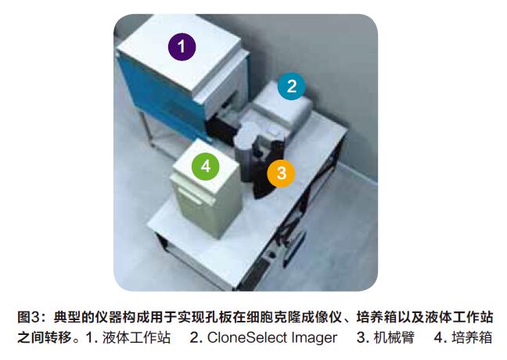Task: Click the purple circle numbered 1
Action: click(x=182, y=47)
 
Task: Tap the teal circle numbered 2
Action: click(x=291, y=86)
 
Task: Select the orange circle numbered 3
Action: click(x=281, y=173)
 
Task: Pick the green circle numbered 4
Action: click(x=206, y=166)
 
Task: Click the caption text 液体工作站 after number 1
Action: click(x=136, y=337)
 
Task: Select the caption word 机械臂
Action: click(x=394, y=337)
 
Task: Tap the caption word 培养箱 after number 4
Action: click(x=472, y=337)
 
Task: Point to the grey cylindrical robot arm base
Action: click(x=245, y=155)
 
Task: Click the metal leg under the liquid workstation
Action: click(x=147, y=129)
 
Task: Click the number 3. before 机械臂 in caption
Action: click(x=363, y=337)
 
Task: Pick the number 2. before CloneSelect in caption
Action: click(x=196, y=337)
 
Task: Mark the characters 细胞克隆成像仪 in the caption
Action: click(x=293, y=317)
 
